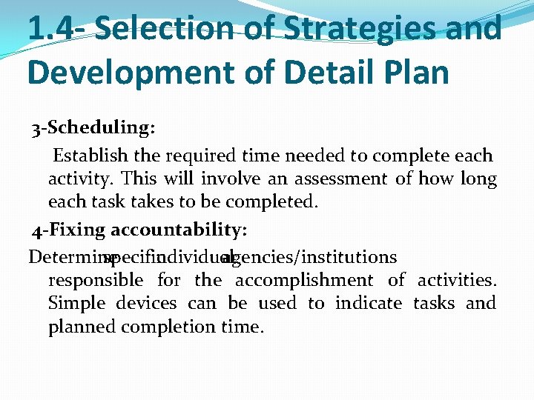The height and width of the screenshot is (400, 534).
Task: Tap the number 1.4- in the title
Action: [57, 29]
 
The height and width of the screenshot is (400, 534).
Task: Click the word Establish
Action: [89, 156]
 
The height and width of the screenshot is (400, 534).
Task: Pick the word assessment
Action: [340, 179]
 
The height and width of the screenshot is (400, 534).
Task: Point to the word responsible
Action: [96, 280]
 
